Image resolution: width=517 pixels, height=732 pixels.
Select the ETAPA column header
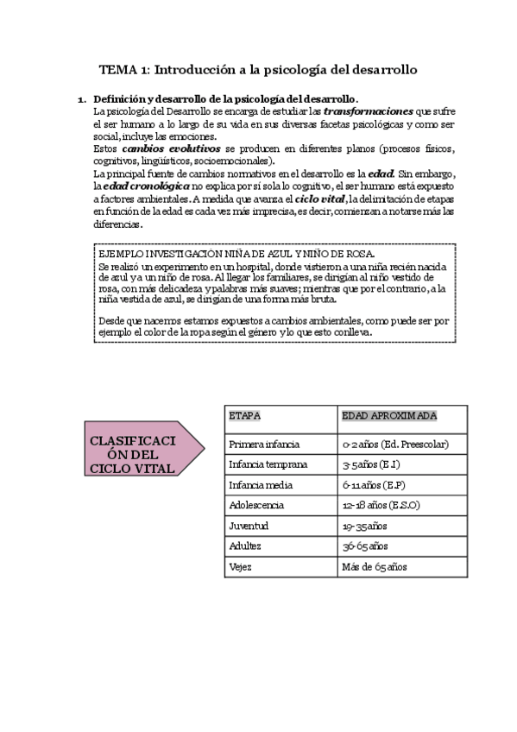click(x=245, y=416)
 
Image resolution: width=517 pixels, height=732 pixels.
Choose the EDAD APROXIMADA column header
click(x=389, y=416)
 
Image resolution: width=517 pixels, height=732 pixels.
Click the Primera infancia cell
click(x=264, y=444)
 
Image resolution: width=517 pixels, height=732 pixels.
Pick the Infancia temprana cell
click(x=268, y=464)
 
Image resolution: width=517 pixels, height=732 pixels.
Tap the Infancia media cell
click(x=262, y=484)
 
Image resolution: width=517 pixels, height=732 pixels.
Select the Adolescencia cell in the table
click(x=256, y=505)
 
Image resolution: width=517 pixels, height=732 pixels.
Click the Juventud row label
click(x=249, y=526)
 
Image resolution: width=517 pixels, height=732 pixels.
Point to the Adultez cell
click(x=245, y=546)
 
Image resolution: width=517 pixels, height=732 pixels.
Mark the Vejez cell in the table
click(x=241, y=567)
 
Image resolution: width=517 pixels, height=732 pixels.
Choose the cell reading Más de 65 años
click(x=375, y=567)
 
